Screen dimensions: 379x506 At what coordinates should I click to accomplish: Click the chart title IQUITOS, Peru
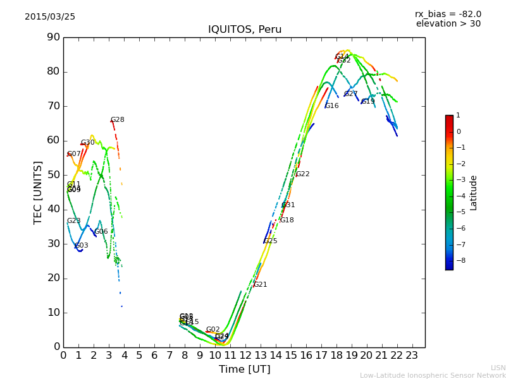pos(245,30)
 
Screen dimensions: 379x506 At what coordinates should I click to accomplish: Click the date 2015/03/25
pos(50,17)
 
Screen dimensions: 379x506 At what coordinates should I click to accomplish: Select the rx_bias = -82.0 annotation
pos(448,14)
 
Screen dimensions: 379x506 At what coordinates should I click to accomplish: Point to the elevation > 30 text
pos(448,24)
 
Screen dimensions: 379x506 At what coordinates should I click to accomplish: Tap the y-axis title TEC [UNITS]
pos(38,192)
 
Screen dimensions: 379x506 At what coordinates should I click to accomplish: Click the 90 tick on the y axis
pos(53,37)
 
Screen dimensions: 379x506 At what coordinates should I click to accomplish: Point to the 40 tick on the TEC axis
pos(53,209)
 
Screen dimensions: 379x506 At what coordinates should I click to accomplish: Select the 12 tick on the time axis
pos(245,355)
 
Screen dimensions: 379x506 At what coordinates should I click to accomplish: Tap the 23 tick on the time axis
pos(412,355)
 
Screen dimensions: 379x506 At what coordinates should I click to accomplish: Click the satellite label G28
pos(118,120)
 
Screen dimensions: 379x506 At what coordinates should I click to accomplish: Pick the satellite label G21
pos(260,285)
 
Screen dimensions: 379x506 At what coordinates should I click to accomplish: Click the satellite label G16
pos(332,106)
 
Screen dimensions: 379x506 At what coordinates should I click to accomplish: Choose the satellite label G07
pos(74,154)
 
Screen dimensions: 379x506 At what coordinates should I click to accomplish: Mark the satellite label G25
pos(271,241)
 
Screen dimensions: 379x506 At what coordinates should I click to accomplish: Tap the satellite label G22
pos(303,174)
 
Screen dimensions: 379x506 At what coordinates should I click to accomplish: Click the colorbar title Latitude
pos(473,193)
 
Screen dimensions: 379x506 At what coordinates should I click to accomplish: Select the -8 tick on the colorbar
pos(459,260)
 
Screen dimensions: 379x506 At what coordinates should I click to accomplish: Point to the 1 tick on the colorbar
pos(458,116)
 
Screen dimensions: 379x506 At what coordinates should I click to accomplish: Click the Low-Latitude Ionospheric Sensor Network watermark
pos(433,376)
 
